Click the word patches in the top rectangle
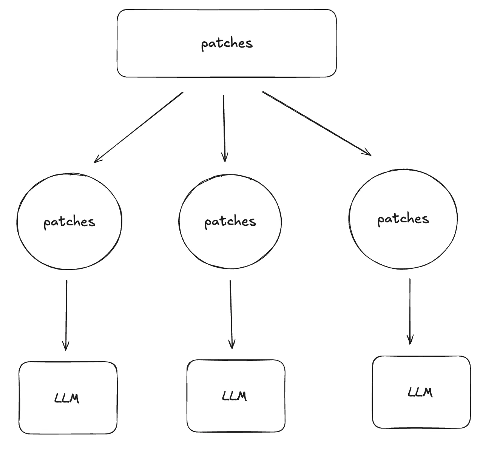click(x=227, y=43)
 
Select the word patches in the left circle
click(x=69, y=222)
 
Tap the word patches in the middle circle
click(x=230, y=222)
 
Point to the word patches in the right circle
click(x=403, y=219)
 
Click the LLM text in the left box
click(x=67, y=398)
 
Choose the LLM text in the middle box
click(x=234, y=396)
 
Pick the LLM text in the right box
click(x=420, y=392)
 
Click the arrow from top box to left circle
click(x=139, y=127)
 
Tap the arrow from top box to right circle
click(x=316, y=123)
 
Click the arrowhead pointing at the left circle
click(x=96, y=161)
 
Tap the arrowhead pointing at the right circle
click(x=369, y=154)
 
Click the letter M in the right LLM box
click(x=427, y=393)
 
